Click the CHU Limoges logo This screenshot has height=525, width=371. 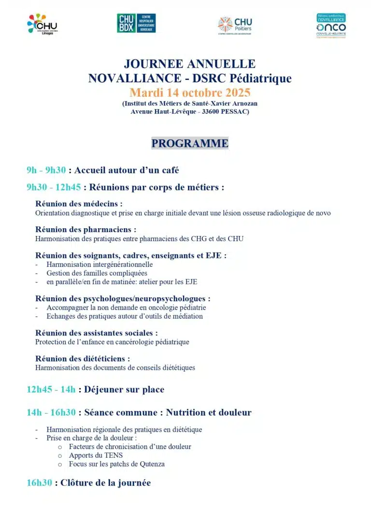[x=43, y=24]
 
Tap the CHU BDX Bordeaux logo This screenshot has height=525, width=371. [x=136, y=23]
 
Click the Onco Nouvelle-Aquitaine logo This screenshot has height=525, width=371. [x=331, y=26]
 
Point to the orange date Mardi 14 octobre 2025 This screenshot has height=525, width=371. [x=189, y=92]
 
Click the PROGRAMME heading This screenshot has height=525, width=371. [x=189, y=144]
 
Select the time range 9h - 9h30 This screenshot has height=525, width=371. [x=46, y=170]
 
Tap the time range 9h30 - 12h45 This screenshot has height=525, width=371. [x=54, y=187]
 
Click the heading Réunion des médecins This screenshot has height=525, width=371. [x=79, y=204]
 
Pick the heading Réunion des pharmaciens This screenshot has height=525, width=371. [x=86, y=230]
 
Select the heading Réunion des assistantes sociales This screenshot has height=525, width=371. [x=96, y=333]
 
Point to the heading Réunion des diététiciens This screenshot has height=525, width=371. [x=83, y=359]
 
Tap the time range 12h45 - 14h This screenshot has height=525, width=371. [x=51, y=390]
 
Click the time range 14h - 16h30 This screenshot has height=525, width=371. [x=51, y=412]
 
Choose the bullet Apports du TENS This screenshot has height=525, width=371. [x=96, y=455]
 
